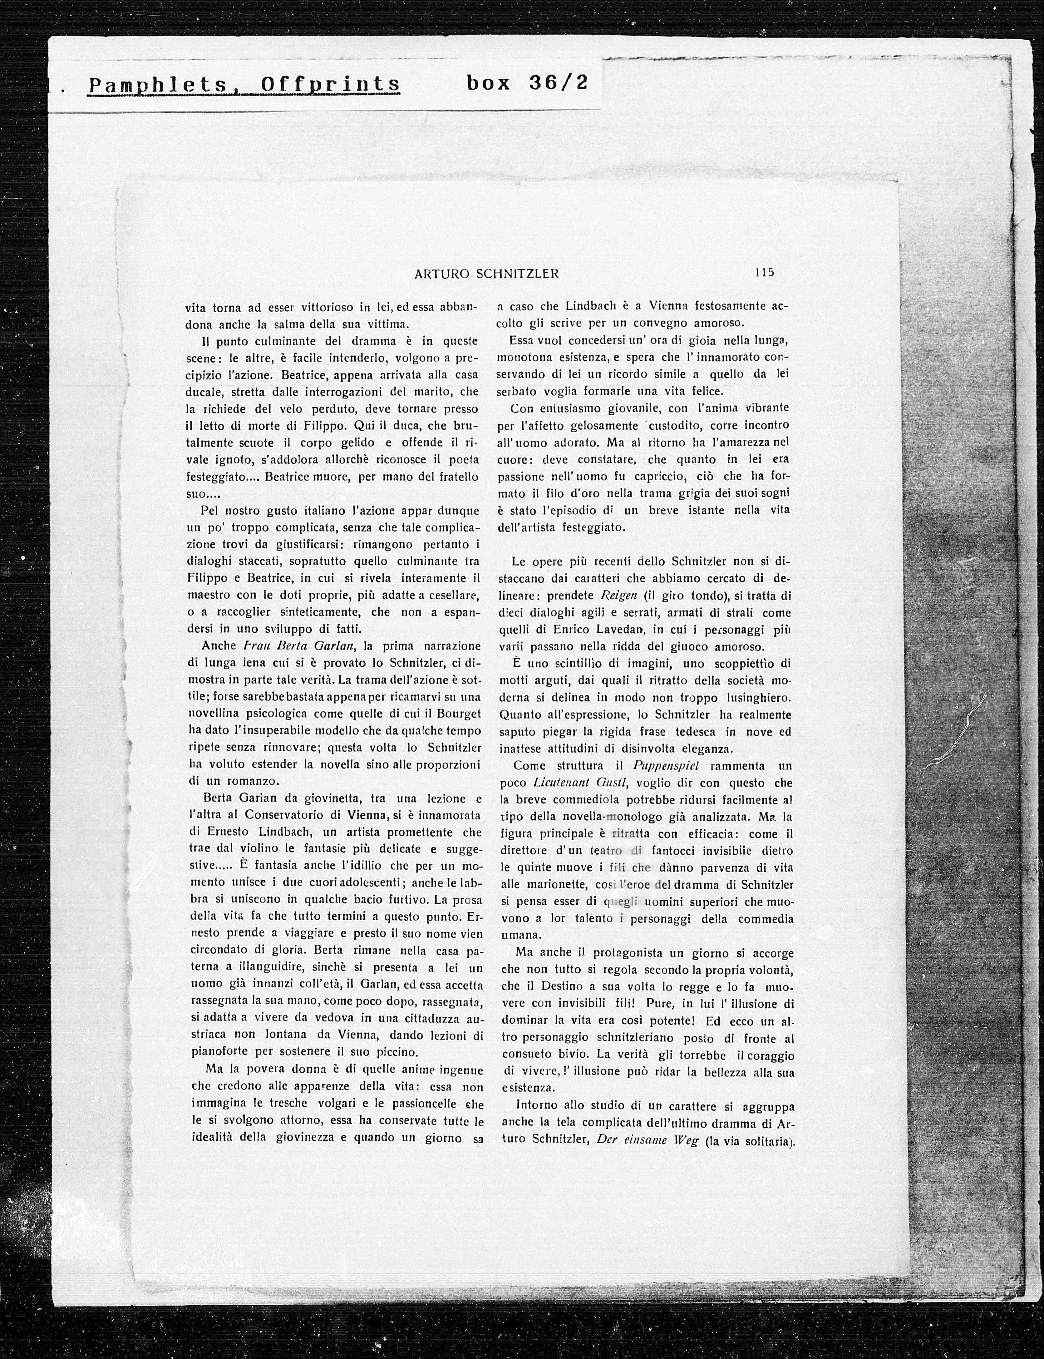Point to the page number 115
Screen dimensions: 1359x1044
(x=764, y=272)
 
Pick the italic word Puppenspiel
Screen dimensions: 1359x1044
(x=664, y=766)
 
